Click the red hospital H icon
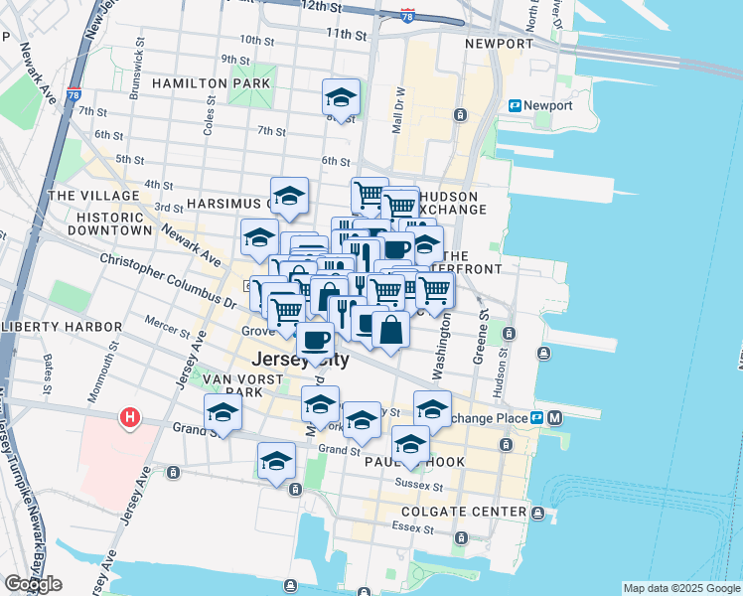pos(129,418)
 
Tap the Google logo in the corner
pos(33,584)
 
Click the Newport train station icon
pos(516,106)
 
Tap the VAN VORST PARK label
pos(233,385)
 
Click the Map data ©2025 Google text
pos(680,588)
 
